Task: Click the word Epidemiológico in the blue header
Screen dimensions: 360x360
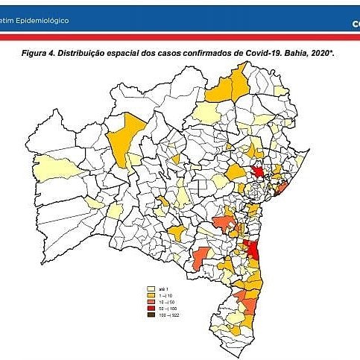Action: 45,20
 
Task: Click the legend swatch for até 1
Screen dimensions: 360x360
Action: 151,288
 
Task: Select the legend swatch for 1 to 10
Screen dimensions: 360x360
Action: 151,296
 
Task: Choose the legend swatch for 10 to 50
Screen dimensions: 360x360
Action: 151,302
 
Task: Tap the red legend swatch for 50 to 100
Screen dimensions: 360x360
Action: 151,309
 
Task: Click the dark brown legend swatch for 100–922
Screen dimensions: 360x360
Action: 151,315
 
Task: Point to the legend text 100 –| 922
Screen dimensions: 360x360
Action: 170,315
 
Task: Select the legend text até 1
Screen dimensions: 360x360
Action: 165,288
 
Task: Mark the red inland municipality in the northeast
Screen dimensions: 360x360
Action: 258,171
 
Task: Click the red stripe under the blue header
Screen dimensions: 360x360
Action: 180,37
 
